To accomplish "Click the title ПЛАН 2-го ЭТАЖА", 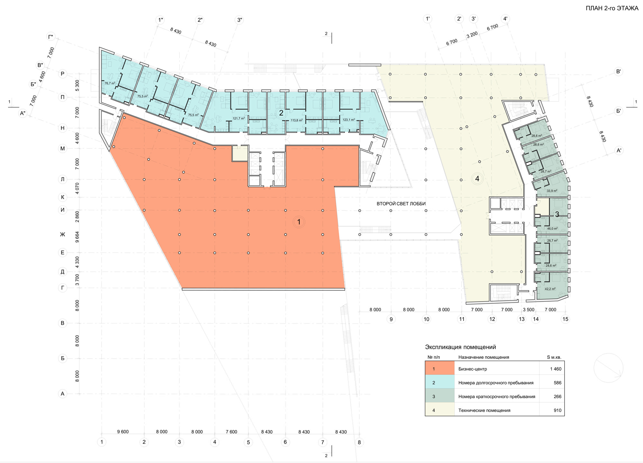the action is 612,9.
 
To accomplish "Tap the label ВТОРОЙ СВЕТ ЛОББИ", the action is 401,204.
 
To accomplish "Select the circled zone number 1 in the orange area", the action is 299,222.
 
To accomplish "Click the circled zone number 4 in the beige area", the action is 477,178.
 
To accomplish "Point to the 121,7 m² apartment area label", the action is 239,119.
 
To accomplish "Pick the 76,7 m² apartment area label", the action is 110,83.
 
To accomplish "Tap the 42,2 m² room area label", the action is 550,289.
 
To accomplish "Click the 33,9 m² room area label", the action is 552,191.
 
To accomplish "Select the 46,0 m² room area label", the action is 552,229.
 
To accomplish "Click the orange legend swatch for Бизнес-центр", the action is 439,369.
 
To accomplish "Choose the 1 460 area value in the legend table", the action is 556,369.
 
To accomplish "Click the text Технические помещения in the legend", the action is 484,410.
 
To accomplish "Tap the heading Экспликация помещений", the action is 460,347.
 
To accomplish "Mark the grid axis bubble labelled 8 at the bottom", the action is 359,442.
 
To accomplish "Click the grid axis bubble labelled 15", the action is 565,319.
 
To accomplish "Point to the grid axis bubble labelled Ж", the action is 62,234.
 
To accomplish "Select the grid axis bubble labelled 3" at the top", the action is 240,20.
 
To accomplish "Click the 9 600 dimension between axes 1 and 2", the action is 123,432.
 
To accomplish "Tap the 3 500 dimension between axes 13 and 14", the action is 529,310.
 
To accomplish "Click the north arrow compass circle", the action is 608,368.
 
